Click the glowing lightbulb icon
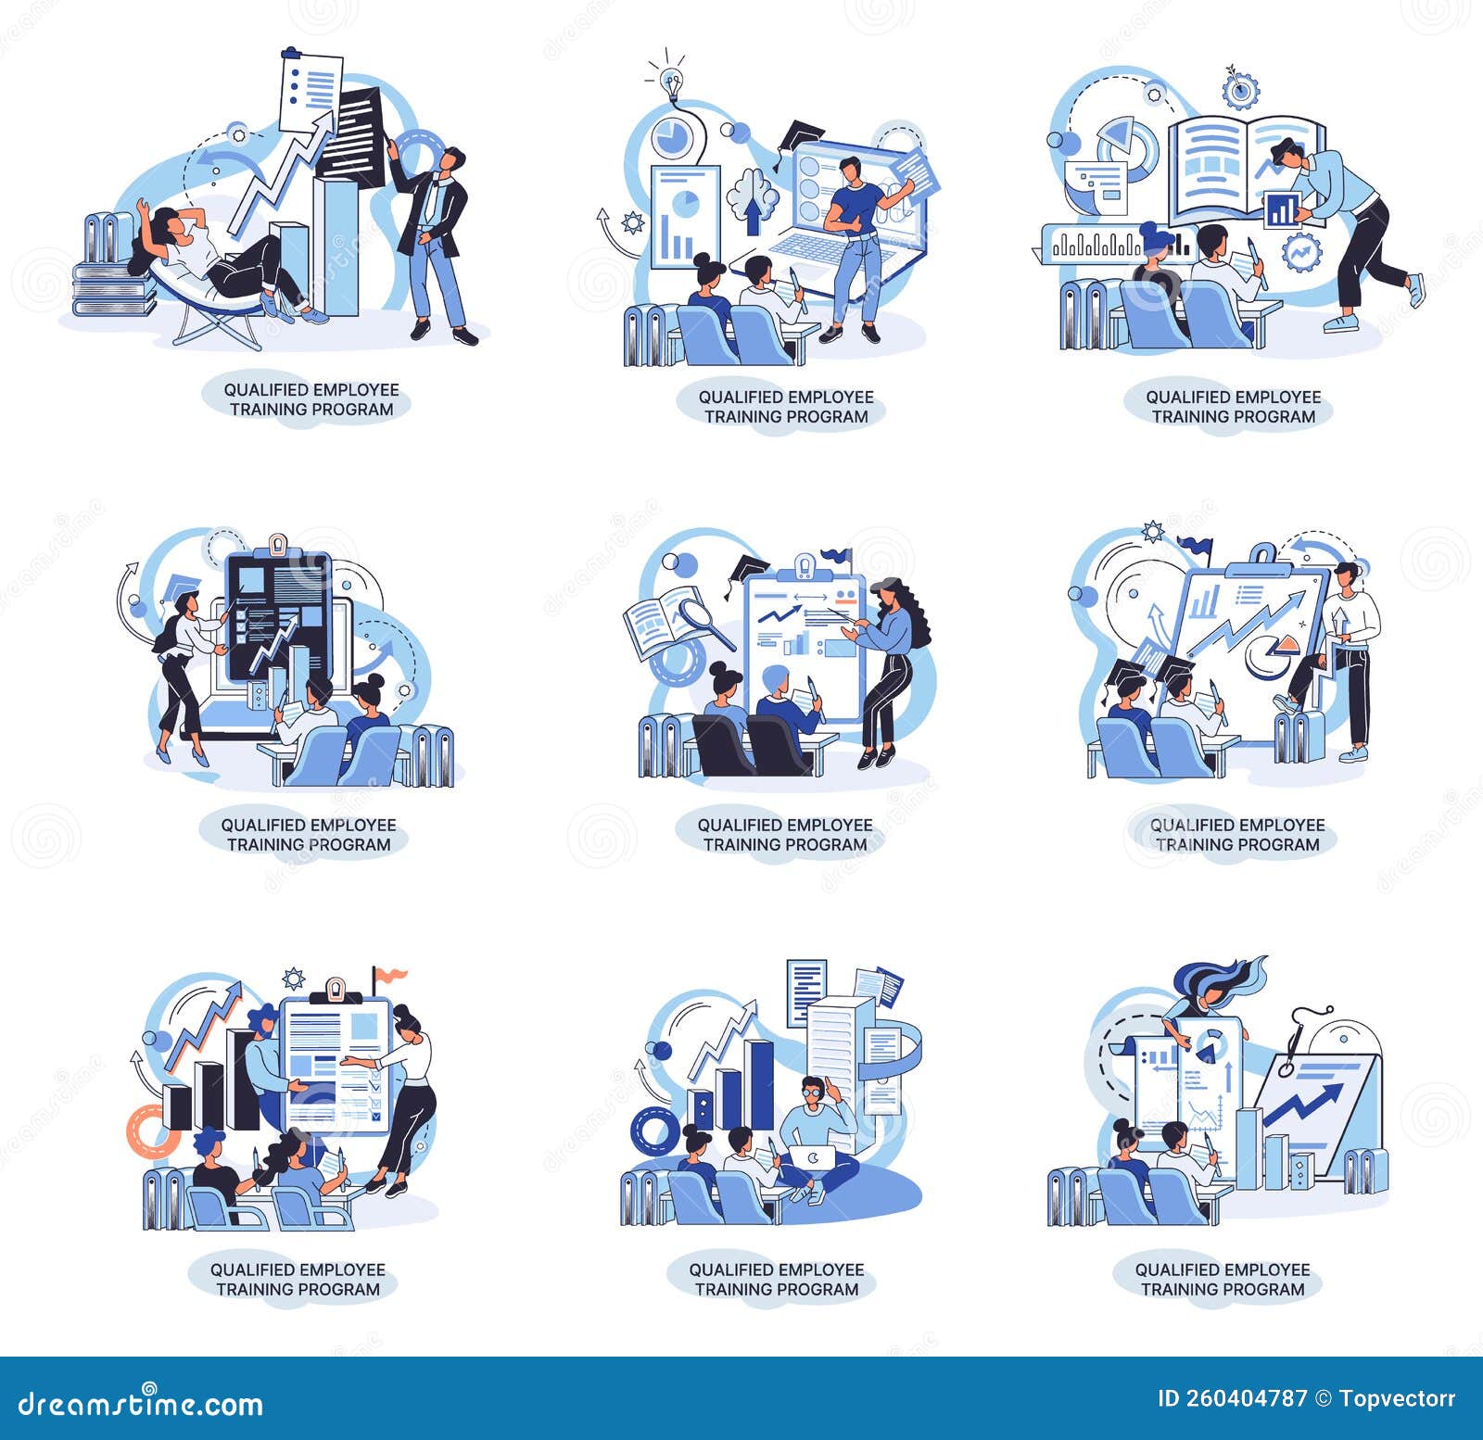(671, 82)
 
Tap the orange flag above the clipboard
(388, 974)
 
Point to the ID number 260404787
(1233, 1399)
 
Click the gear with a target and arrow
(1240, 89)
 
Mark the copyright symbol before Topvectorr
(1324, 1399)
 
